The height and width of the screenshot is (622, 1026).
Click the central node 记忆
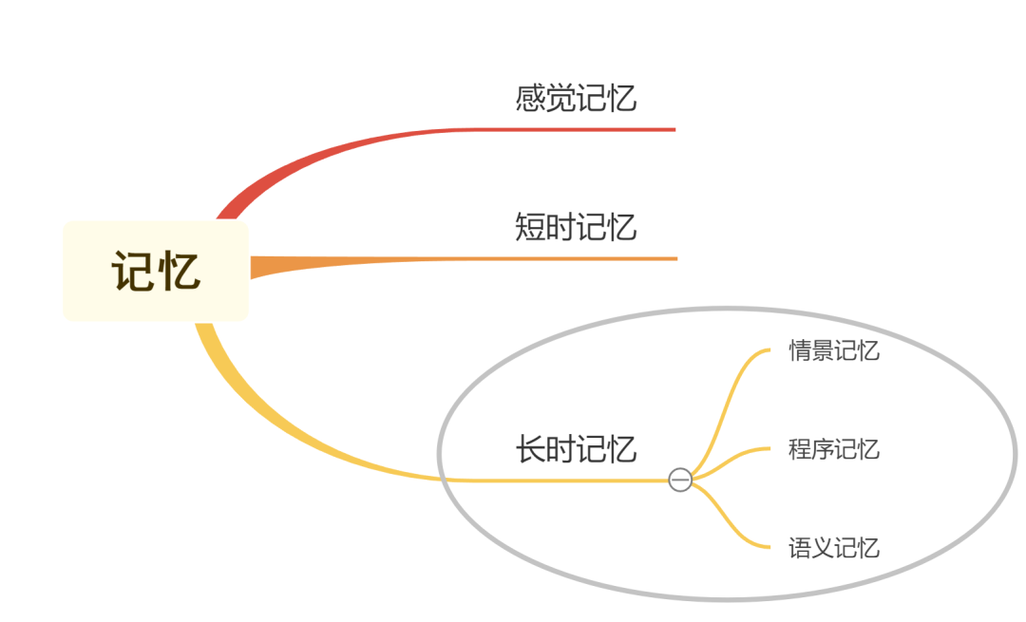156,272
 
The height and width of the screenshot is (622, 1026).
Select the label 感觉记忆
576,98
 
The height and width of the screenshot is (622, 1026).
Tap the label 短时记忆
576,227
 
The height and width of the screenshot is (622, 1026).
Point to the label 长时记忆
576,448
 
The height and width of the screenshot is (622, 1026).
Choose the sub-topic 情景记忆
833,350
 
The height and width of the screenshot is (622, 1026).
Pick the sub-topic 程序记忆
833,448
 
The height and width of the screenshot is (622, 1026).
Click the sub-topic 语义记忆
833,548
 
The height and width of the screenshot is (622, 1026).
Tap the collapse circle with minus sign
680,481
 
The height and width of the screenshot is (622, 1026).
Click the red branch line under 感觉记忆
570,129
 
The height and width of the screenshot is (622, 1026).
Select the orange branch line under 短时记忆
570,258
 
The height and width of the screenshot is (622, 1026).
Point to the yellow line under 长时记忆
570,481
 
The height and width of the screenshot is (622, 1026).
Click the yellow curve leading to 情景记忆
727,399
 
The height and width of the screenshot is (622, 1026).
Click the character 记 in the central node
132,272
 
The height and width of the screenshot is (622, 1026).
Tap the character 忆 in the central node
180,272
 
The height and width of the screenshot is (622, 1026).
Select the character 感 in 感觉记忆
530,98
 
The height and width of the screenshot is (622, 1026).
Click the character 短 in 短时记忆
530,227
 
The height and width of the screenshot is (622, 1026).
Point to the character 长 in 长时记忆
530,448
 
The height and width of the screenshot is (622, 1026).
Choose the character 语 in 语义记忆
800,548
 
